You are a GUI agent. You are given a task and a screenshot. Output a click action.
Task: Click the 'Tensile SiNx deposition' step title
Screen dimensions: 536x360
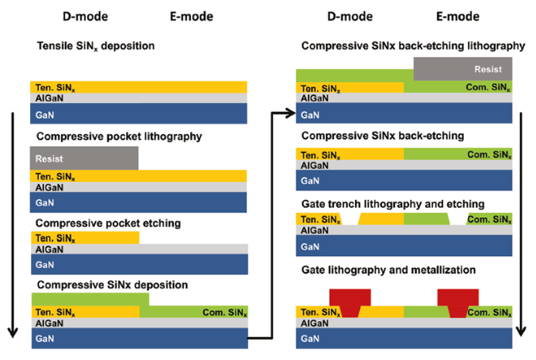[96, 46]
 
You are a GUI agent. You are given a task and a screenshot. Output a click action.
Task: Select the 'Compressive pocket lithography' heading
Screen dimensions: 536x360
[119, 136]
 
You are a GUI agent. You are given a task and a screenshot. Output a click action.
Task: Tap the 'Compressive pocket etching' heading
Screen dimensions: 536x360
[108, 224]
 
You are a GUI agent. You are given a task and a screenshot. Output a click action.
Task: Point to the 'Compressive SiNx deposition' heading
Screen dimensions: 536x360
[113, 285]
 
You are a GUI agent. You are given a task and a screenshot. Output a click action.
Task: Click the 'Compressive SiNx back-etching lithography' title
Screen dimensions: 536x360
[413, 46]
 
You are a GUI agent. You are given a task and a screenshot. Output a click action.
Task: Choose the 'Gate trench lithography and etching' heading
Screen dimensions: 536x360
[392, 204]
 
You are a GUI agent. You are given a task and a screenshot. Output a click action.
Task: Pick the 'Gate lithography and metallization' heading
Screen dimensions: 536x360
[389, 270]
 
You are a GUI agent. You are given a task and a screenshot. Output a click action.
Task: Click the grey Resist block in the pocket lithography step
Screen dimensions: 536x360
[84, 159]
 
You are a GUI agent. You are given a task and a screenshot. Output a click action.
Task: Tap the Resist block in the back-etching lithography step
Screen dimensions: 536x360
[463, 69]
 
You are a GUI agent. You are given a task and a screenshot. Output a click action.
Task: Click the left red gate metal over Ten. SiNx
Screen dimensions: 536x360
[350, 301]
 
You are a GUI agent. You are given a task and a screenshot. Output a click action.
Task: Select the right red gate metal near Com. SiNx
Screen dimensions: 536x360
[458, 301]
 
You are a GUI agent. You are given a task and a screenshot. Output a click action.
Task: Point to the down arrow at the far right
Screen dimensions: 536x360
[521, 224]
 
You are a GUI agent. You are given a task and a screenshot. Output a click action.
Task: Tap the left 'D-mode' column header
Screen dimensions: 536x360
[85, 17]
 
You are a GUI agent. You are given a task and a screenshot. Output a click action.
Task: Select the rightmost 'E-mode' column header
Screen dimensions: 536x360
[458, 17]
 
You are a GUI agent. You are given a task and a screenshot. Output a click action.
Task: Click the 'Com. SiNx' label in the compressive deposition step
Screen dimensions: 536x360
[224, 312]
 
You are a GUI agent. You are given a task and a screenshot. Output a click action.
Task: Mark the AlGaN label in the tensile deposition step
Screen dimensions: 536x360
[49, 98]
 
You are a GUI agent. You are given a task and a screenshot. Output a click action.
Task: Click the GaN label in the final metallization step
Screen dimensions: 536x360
[310, 339]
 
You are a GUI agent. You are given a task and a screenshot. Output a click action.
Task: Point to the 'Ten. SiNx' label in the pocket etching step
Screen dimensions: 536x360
[55, 239]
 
